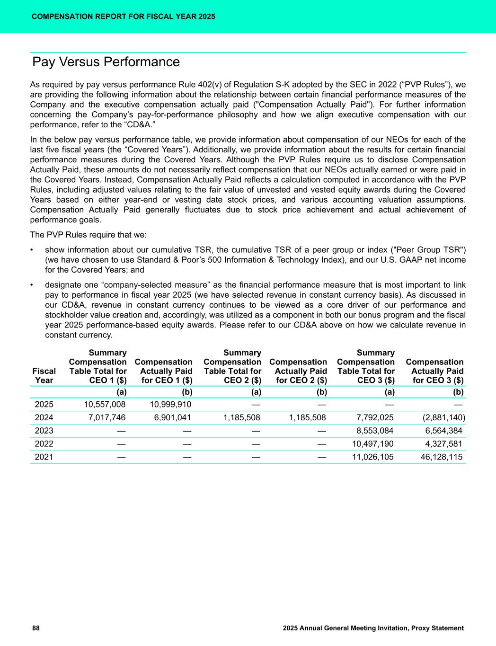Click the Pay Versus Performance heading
click(106, 62)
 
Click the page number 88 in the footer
click(36, 628)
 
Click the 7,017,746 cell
click(107, 417)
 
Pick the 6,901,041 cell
click(173, 417)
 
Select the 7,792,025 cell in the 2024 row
click(374, 417)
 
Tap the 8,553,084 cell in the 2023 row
click(374, 431)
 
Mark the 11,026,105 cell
click(372, 457)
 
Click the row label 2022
click(44, 444)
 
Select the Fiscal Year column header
click(44, 375)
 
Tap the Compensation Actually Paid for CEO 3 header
click(435, 371)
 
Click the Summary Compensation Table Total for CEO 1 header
click(98, 367)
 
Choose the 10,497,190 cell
click(372, 444)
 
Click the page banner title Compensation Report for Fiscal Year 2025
click(124, 17)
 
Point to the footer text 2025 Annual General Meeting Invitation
click(373, 628)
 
